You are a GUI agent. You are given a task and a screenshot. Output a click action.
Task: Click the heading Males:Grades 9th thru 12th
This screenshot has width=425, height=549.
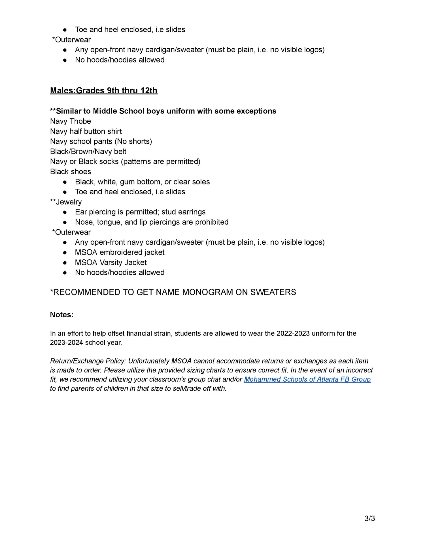click(x=104, y=91)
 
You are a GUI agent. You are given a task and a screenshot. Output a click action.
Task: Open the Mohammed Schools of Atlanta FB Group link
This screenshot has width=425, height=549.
click(x=307, y=379)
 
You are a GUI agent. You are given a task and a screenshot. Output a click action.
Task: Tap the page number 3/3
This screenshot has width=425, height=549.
click(x=369, y=518)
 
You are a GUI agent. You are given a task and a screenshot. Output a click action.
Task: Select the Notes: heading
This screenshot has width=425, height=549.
click(x=62, y=315)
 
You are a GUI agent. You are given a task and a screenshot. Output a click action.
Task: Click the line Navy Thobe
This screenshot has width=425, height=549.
click(x=71, y=121)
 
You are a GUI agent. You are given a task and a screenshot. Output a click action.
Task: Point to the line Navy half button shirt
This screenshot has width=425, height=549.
click(x=86, y=132)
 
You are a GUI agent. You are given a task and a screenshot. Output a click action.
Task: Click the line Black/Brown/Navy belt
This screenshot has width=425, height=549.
click(x=88, y=152)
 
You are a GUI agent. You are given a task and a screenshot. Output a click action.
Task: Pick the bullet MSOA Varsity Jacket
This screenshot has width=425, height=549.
click(x=111, y=262)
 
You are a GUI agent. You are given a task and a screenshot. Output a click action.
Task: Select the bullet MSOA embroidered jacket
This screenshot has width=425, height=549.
click(x=120, y=252)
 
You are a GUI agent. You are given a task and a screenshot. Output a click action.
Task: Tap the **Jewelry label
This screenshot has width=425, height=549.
click(x=66, y=202)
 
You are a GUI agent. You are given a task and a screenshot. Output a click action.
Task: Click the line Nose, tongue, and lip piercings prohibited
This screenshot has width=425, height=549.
click(x=152, y=222)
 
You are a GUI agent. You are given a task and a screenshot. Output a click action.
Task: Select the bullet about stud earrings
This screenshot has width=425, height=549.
click(x=140, y=212)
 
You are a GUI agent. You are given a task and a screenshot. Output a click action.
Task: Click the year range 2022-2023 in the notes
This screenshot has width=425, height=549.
click(x=293, y=333)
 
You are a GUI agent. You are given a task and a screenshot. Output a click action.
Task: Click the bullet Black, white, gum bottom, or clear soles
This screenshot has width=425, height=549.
click(x=142, y=182)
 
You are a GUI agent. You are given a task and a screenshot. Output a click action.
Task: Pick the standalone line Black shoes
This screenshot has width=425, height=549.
click(x=71, y=172)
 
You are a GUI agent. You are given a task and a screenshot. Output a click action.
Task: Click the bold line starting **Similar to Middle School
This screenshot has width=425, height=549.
click(x=163, y=111)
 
